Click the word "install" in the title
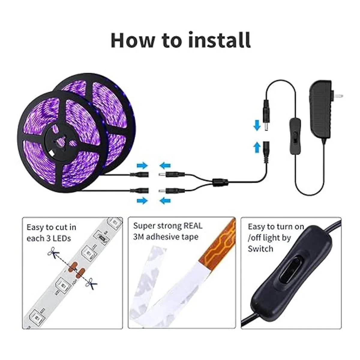click(219, 40)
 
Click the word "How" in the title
click(133, 40)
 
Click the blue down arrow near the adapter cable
click(257, 125)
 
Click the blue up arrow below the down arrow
click(257, 147)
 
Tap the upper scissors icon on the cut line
click(53, 253)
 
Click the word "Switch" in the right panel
click(260, 249)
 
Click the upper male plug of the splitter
click(172, 175)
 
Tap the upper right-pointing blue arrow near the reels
click(142, 166)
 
